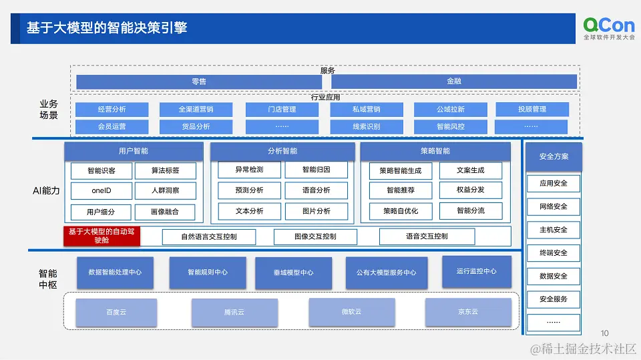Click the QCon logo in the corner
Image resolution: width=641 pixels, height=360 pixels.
[609, 29]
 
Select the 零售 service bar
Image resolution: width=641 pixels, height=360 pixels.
[199, 81]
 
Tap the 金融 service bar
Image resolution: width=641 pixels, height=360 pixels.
[454, 81]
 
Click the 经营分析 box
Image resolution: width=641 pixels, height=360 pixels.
[112, 110]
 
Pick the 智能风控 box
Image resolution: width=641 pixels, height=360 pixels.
[451, 127]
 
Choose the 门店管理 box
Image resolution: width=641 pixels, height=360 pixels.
[280, 110]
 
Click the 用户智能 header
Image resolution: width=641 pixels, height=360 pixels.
[134, 152]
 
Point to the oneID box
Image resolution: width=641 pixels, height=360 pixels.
[101, 191]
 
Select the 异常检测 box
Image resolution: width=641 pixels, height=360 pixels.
[249, 170]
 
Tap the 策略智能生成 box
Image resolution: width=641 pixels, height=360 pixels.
[401, 171]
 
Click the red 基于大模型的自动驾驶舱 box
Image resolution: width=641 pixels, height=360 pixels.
[101, 236]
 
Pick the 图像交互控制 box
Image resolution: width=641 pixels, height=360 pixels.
[315, 236]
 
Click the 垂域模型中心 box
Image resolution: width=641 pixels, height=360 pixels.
[293, 273]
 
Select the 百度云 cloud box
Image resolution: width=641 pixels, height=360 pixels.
[116, 313]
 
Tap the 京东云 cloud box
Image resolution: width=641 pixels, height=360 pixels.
[467, 313]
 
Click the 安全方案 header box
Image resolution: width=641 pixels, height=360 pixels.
[554, 157]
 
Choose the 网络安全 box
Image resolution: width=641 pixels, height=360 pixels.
[554, 206]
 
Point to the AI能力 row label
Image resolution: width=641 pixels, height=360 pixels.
[46, 191]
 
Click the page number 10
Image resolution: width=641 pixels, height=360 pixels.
[605, 333]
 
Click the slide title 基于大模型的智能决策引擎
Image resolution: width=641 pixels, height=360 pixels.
[107, 28]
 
